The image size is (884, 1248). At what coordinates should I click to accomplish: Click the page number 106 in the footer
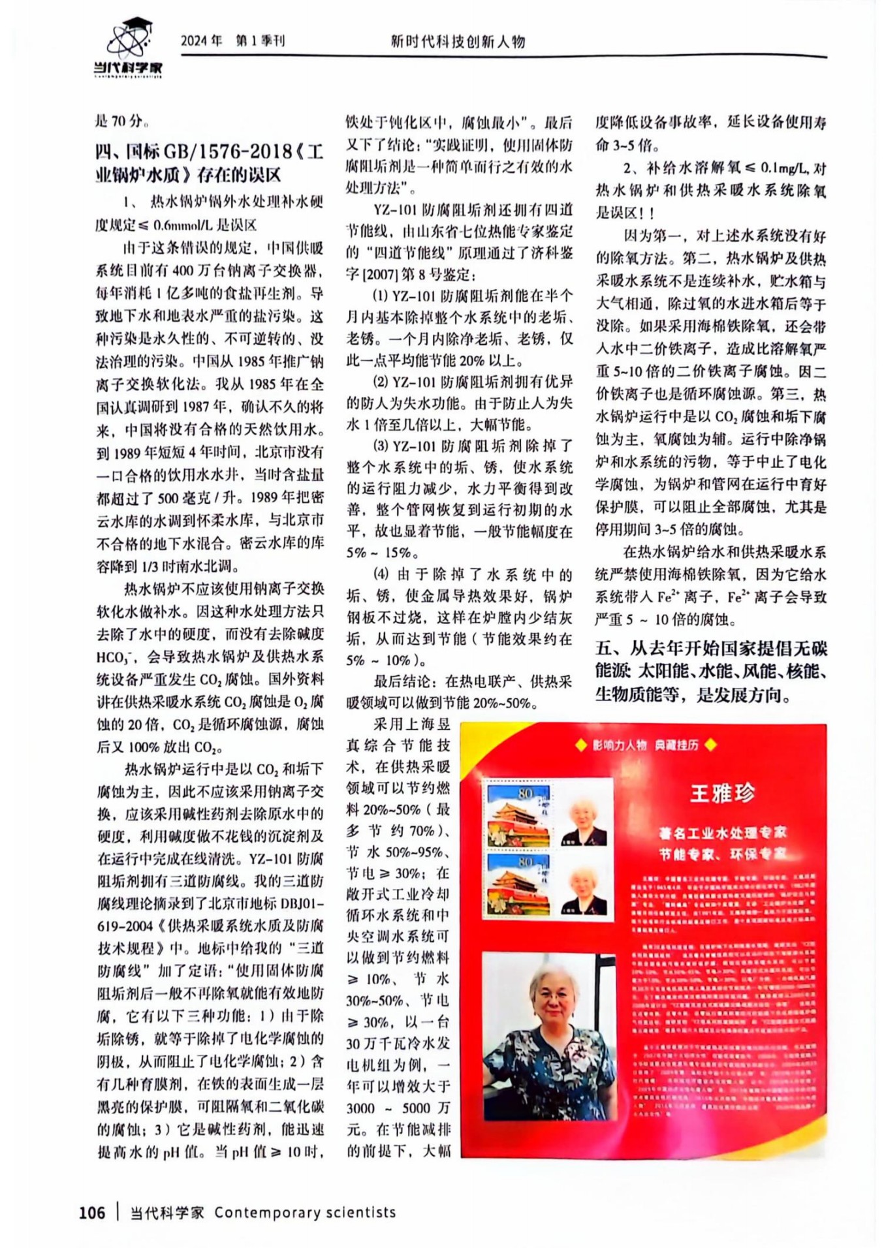click(x=92, y=1212)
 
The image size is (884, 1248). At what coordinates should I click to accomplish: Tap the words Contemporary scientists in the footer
click(x=305, y=1212)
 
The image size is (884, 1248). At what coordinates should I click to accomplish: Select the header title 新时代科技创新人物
click(x=458, y=42)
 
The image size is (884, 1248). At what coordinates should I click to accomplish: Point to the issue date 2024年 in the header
click(x=202, y=41)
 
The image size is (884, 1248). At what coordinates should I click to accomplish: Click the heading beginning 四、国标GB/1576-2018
click(x=209, y=163)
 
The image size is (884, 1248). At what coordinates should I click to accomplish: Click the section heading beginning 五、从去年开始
click(x=710, y=671)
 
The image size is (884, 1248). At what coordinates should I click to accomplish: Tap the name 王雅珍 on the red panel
click(x=722, y=792)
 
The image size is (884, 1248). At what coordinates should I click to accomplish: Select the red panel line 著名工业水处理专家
click(x=722, y=832)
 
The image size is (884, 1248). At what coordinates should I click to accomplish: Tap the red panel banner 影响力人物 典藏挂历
click(x=645, y=745)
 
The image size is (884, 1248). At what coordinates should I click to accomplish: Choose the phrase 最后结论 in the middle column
click(x=402, y=681)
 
